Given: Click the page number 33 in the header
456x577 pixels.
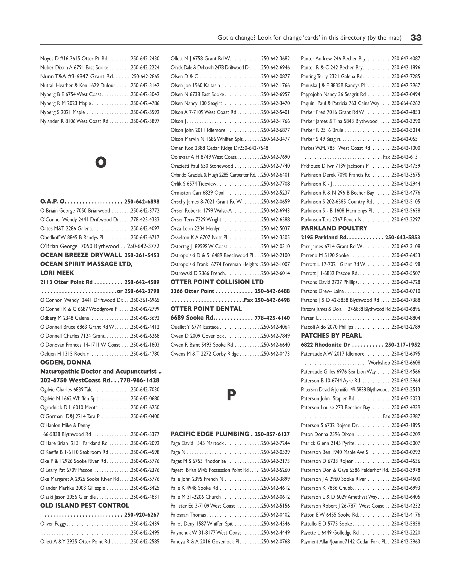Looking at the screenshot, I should [416, 38].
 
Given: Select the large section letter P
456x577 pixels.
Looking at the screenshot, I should [231, 395].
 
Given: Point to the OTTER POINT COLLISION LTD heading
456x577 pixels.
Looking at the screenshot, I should [217, 282].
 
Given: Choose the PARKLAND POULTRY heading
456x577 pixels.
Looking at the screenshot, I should [334, 228].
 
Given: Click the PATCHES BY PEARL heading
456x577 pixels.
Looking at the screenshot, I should [331, 335].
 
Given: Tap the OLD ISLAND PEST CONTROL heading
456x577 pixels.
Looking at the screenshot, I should [84, 506].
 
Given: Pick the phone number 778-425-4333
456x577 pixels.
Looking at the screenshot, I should [145, 220].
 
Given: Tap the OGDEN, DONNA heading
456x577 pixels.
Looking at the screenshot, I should [65, 363].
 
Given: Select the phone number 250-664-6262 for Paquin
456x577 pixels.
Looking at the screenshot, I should [406, 103].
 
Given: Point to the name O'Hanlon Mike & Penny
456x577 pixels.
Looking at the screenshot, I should [65, 425].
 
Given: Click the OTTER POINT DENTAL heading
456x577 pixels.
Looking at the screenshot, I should [206, 309].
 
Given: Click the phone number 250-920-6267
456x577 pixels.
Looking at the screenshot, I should [142, 515].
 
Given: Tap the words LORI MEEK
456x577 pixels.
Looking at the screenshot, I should [57, 273].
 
